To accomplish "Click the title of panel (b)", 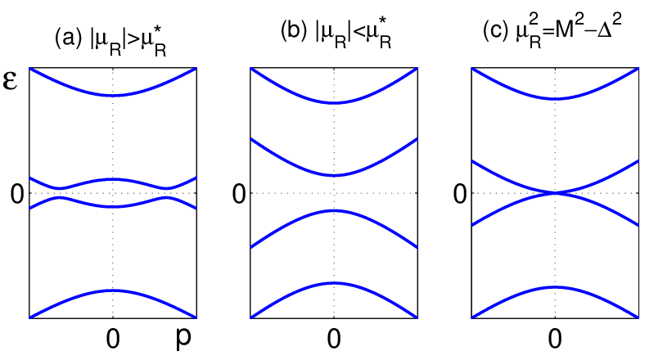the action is pos(336,34).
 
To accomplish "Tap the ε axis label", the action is pos(10,80).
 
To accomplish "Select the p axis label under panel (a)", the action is pos(183,338).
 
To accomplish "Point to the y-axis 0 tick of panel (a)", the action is pos(17,194).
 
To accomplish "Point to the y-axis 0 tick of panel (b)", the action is pos(239,194).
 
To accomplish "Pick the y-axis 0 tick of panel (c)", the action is pos(460,194).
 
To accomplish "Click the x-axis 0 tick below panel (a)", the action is pos(113,339).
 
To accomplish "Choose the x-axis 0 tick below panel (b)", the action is pos(334,339).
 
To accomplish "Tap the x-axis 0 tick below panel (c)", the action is pos(555,339).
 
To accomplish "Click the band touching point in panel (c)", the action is pos(555,193).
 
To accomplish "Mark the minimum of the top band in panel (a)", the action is pos(113,96).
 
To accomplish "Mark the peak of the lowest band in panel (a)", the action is pos(113,290).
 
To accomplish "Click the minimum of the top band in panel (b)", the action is pos(334,103).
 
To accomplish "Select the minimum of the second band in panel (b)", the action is pos(334,175).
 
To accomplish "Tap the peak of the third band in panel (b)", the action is pos(334,210).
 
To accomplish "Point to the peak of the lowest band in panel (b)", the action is pos(334,283).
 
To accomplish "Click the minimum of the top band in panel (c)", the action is pos(555,99).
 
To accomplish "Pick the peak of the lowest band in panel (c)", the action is pos(555,287).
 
